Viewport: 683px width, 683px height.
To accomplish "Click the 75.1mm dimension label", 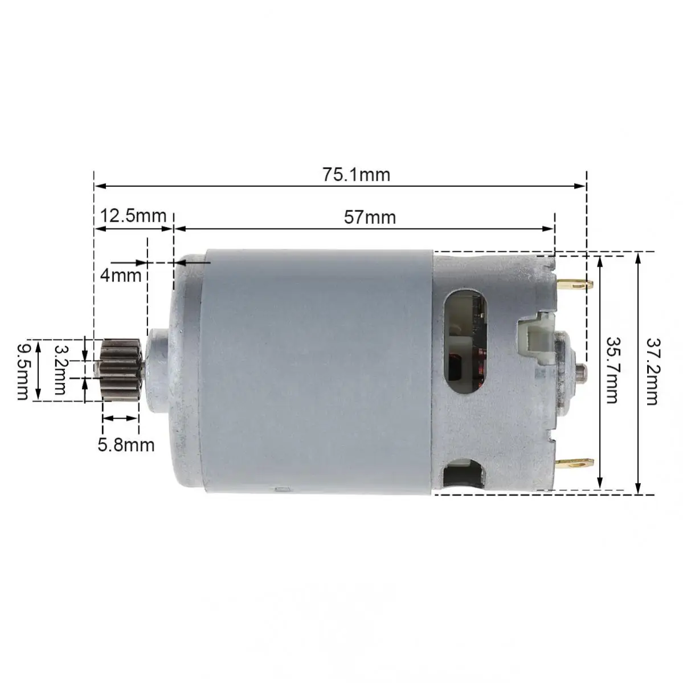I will tap(357, 174).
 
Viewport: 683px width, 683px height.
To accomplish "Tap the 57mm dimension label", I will tap(370, 217).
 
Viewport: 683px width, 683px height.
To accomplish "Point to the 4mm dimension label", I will tap(120, 275).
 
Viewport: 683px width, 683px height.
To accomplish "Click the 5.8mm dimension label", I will tap(126, 444).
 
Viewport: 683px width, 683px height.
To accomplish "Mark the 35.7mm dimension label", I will tap(612, 370).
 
